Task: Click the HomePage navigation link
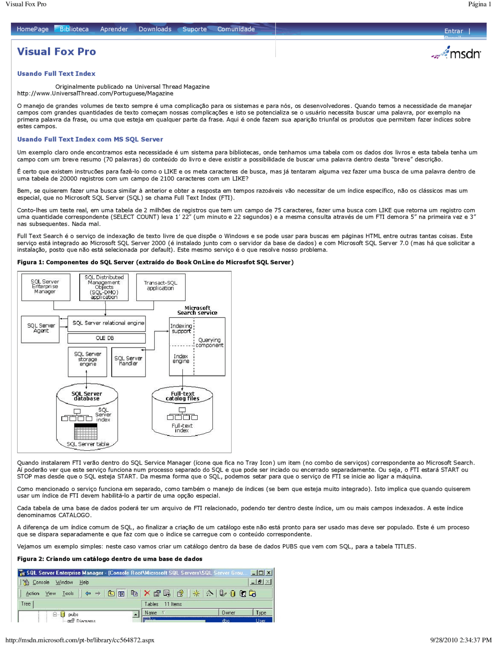pyautogui.click(x=33, y=29)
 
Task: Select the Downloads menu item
pyautogui.click(x=155, y=29)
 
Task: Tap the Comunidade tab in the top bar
pyautogui.click(x=236, y=29)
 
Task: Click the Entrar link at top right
pyautogui.click(x=454, y=31)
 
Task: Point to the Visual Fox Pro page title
pyautogui.click(x=56, y=52)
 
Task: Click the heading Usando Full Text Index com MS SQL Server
pyautogui.click(x=90, y=139)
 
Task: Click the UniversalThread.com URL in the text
pyautogui.click(x=95, y=93)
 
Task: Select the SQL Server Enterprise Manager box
pyautogui.click(x=46, y=287)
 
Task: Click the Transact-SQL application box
pyautogui.click(x=160, y=286)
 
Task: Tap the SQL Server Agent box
pyautogui.click(x=40, y=328)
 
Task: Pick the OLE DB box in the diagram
pyautogui.click(x=106, y=338)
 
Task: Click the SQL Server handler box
pyautogui.click(x=128, y=361)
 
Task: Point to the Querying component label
pyautogui.click(x=209, y=343)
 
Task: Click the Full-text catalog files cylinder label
pyautogui.click(x=182, y=396)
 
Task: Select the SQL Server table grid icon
pyautogui.click(x=86, y=432)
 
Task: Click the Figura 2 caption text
pyautogui.click(x=109, y=559)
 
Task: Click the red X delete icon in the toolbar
pyautogui.click(x=147, y=593)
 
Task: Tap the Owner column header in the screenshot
pyautogui.click(x=229, y=613)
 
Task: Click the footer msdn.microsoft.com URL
pyautogui.click(x=80, y=640)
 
